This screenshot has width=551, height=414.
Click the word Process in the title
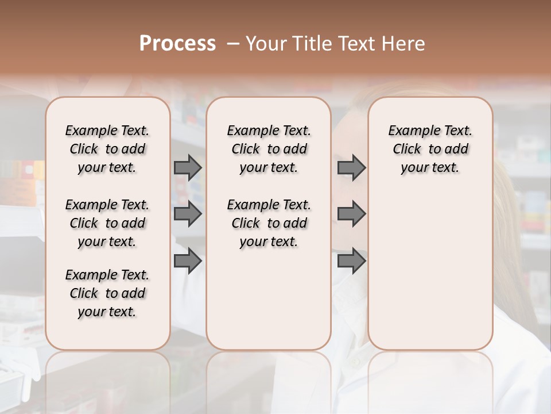point(177,44)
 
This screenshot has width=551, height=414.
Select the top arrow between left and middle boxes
point(188,167)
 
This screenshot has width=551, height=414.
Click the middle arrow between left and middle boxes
point(188,214)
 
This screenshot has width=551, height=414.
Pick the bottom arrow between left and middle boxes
point(188,260)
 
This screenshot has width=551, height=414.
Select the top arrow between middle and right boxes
point(351,167)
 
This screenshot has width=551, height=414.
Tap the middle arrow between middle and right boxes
point(351,214)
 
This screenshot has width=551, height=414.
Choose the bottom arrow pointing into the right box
point(351,260)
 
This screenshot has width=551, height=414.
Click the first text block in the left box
point(107,149)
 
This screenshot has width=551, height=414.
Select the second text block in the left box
point(107,223)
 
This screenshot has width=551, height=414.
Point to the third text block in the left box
point(107,293)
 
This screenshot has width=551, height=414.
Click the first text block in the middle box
point(269,149)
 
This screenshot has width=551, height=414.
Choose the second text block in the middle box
point(269,223)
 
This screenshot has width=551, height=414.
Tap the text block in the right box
point(430,149)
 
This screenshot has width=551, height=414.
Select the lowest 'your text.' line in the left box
point(107,312)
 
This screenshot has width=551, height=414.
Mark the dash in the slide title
point(233,44)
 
